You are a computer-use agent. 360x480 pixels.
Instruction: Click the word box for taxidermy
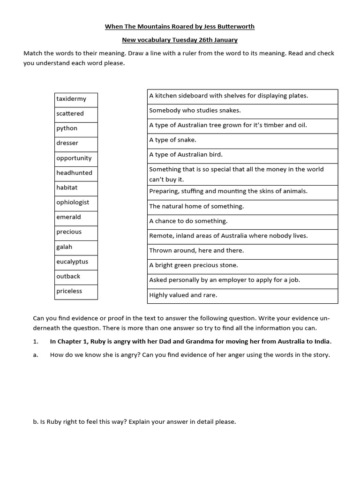(x=76, y=99)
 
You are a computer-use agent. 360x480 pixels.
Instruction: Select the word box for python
(x=76, y=129)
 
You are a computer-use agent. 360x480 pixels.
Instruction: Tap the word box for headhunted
(x=76, y=173)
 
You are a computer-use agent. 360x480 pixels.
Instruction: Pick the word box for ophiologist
(x=76, y=202)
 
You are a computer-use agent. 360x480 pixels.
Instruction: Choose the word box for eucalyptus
(x=76, y=262)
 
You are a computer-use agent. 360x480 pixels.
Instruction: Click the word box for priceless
(x=76, y=292)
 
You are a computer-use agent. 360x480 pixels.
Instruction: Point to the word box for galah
(x=76, y=247)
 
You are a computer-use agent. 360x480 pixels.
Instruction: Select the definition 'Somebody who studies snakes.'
(x=242, y=111)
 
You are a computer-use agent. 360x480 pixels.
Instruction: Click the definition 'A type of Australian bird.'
(x=242, y=155)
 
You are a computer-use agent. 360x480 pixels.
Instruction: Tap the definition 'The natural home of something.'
(x=242, y=207)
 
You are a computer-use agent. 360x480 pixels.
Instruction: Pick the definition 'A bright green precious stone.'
(x=242, y=266)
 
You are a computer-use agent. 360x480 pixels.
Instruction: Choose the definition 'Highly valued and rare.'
(x=242, y=296)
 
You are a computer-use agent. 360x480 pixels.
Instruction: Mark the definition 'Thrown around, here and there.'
(x=242, y=251)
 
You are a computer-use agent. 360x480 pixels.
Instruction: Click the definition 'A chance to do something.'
(x=242, y=221)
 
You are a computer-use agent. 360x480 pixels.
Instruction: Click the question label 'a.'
(x=35, y=355)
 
